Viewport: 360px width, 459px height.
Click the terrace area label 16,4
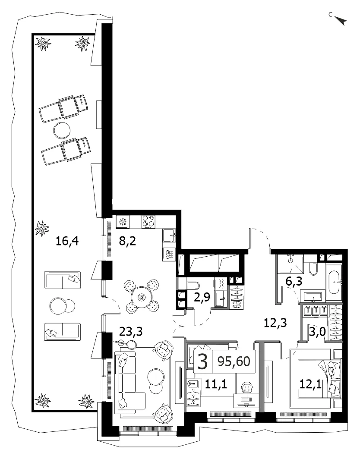[67, 242]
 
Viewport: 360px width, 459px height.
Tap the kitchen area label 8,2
[127, 242]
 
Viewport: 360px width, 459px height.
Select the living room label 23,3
[131, 332]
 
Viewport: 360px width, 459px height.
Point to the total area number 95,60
[234, 362]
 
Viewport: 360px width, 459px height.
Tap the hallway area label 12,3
[275, 323]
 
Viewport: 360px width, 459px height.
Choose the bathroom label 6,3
[294, 282]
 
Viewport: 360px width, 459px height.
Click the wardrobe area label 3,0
[318, 333]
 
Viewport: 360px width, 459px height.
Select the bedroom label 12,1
[310, 384]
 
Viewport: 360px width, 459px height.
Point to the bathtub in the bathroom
[334, 283]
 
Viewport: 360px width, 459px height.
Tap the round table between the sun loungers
[62, 130]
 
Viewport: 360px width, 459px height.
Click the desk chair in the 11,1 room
[247, 388]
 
